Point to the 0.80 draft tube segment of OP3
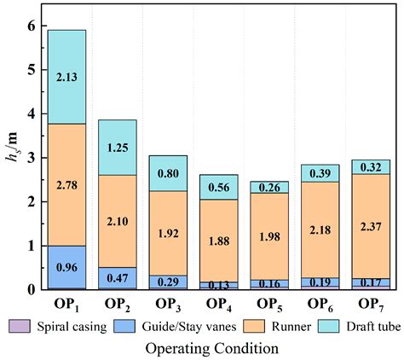point(169,173)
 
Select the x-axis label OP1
point(67,305)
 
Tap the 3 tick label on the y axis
point(32,158)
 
